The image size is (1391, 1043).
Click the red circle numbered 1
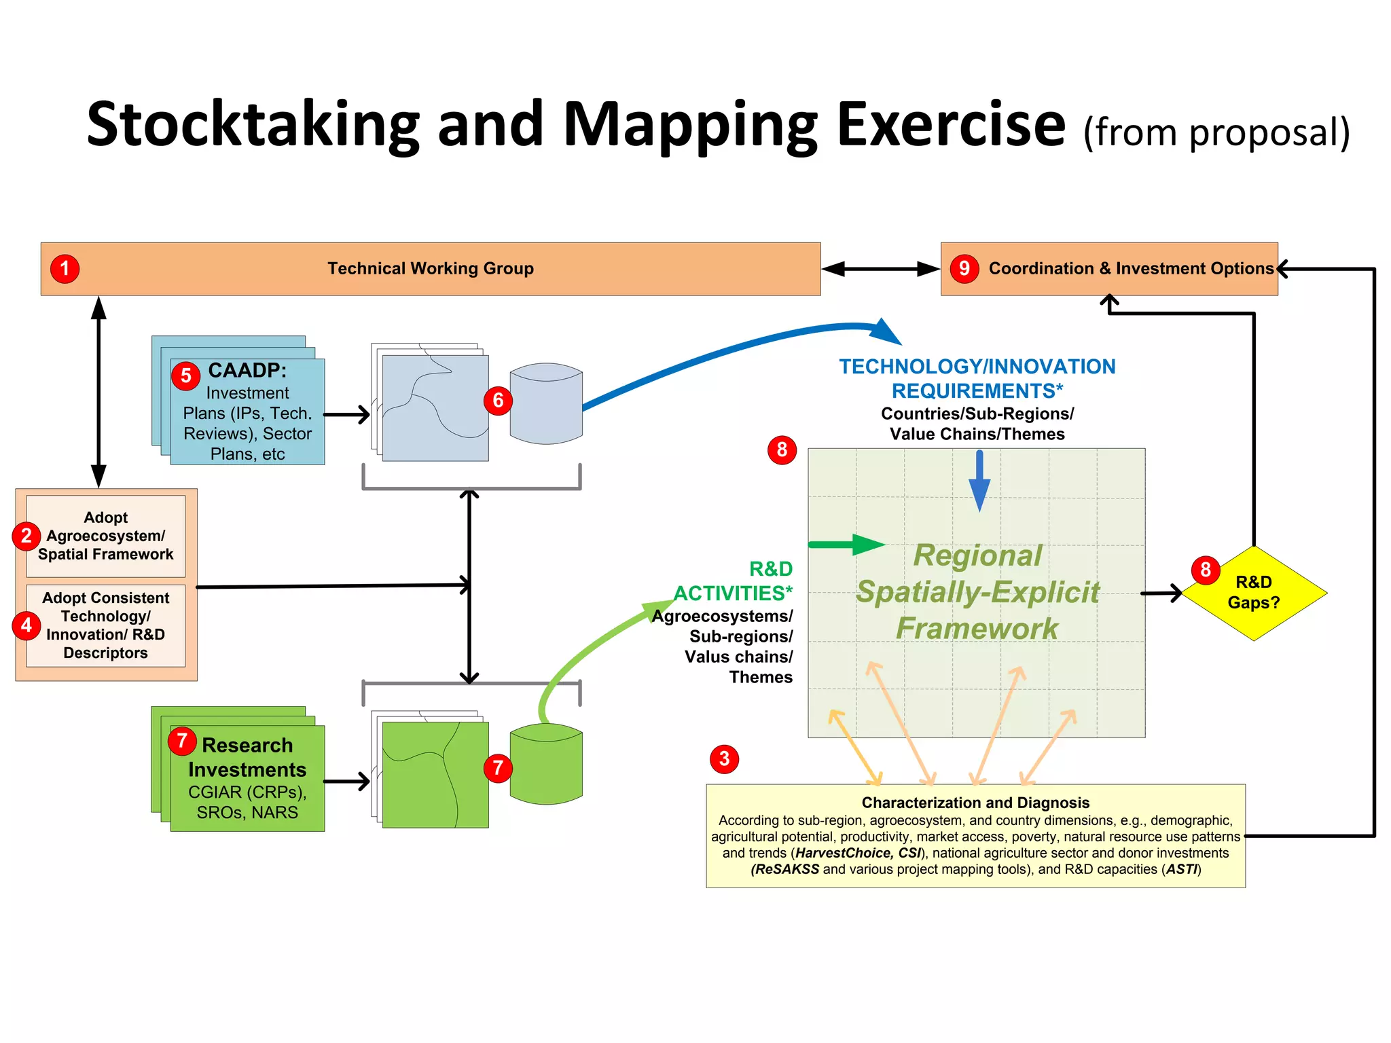tap(65, 269)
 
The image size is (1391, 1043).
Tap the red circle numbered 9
tap(964, 269)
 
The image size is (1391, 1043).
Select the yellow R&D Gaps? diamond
tap(1254, 593)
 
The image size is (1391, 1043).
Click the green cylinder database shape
tap(546, 764)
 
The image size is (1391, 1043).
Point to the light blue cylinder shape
tap(546, 403)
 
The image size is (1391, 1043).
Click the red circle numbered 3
tap(724, 758)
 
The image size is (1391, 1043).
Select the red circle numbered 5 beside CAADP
tap(185, 376)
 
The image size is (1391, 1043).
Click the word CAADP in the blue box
tap(247, 371)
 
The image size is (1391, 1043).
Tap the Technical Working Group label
tap(431, 269)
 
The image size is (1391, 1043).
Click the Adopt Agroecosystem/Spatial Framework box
tap(106, 536)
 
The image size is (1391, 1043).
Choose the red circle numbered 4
tap(26, 625)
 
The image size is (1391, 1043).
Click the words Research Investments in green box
tap(247, 758)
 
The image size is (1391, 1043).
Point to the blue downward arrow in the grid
tap(979, 481)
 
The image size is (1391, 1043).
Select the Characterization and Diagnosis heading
tap(975, 803)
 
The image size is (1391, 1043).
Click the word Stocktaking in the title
tap(253, 125)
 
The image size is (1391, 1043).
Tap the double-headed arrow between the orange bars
tap(880, 269)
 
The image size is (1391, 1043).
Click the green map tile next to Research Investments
tap(435, 774)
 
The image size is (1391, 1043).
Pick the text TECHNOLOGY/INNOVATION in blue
tap(977, 367)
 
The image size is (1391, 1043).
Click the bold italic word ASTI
tap(1181, 869)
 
